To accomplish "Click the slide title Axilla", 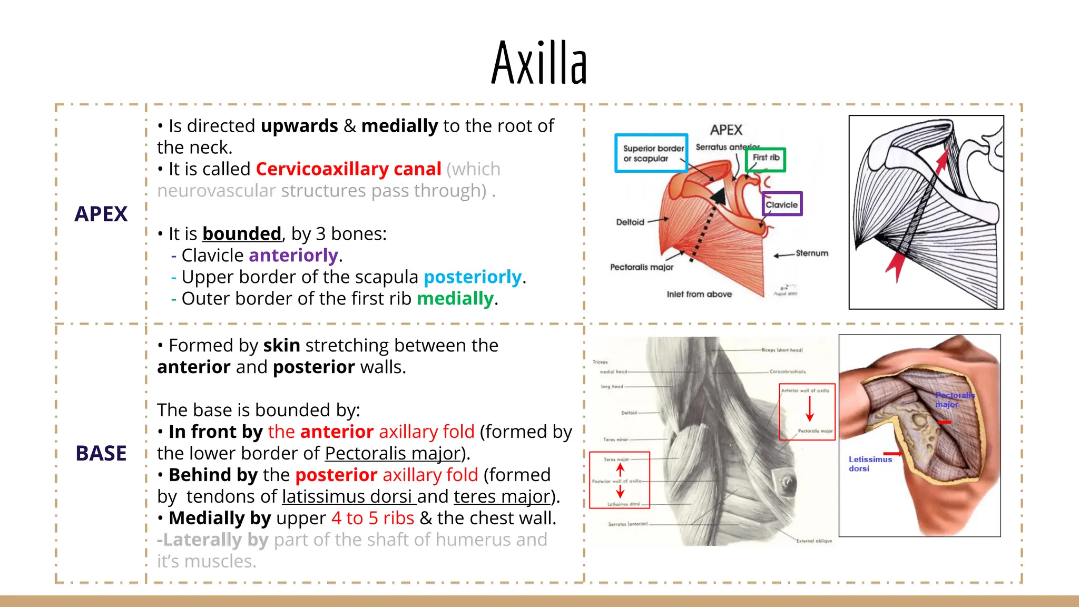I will (539, 63).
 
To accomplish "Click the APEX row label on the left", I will (101, 214).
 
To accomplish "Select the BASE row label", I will (101, 453).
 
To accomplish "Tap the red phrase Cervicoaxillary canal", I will (348, 169).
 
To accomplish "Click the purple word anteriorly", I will (293, 256).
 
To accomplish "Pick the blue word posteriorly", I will (473, 277).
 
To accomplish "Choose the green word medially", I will (455, 299).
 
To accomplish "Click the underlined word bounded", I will (242, 234).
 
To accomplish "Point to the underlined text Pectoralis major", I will (393, 454).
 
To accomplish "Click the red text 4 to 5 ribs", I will (372, 518).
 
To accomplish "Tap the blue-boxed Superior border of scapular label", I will (652, 153).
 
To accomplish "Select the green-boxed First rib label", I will (766, 158).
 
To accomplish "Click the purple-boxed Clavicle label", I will (782, 204).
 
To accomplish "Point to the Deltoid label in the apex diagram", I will (630, 222).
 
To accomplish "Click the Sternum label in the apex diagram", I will (812, 253).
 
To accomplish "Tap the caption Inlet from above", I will (699, 294).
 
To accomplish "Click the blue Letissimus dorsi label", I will (869, 464).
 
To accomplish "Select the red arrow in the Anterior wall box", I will (810, 409).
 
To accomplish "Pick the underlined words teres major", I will (502, 497).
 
